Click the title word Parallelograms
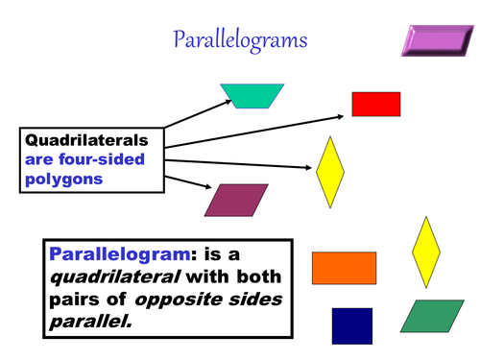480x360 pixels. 240,39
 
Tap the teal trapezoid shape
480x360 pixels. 252,94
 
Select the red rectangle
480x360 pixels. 375,104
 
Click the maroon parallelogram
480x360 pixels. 231,200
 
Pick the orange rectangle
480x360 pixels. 344,268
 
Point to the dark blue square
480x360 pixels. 351,325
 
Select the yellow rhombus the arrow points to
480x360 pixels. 330,172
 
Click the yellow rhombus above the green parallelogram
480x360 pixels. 425,252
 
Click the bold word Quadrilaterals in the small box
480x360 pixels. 90,140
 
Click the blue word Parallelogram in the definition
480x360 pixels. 119,254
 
